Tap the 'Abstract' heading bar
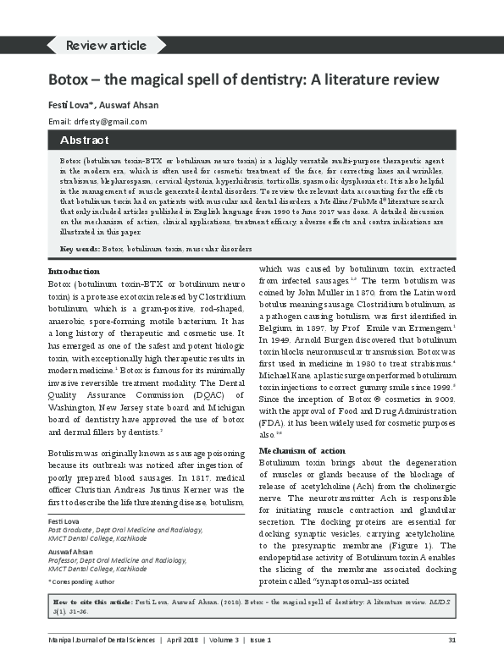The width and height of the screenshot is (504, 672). [x=84, y=140]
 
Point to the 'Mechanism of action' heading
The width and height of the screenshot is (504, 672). [x=302, y=449]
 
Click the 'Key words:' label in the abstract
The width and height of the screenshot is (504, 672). [x=79, y=249]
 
